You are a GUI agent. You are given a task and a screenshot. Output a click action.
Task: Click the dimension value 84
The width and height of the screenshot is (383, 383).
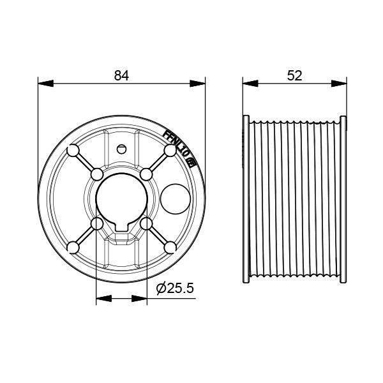click(x=121, y=75)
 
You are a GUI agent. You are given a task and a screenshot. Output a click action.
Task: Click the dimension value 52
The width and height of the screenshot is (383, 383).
click(x=294, y=75)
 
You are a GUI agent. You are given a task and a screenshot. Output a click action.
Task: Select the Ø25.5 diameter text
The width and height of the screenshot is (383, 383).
click(x=175, y=289)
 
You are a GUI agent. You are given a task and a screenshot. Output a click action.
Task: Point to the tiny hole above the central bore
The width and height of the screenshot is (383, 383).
click(x=121, y=149)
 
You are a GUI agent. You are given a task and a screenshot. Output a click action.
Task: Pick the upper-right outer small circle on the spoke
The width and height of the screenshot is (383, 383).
click(x=170, y=151)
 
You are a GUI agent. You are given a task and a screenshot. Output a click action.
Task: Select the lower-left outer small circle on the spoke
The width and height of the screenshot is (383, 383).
click(x=73, y=247)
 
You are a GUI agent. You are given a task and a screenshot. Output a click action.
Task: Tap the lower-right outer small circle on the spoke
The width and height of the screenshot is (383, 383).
click(x=170, y=247)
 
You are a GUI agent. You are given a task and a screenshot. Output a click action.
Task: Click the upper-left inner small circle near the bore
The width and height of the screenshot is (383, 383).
click(x=97, y=174)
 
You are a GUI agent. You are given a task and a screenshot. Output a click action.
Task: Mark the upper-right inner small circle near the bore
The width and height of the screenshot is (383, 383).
click(x=146, y=174)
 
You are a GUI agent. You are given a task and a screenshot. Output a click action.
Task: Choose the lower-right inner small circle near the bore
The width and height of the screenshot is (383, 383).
click(x=146, y=223)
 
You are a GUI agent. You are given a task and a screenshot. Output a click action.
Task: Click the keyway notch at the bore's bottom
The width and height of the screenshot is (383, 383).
click(x=121, y=225)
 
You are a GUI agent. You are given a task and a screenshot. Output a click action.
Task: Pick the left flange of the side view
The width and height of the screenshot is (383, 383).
click(x=246, y=199)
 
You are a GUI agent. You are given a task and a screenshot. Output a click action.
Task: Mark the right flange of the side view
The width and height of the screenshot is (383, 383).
click(x=343, y=199)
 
